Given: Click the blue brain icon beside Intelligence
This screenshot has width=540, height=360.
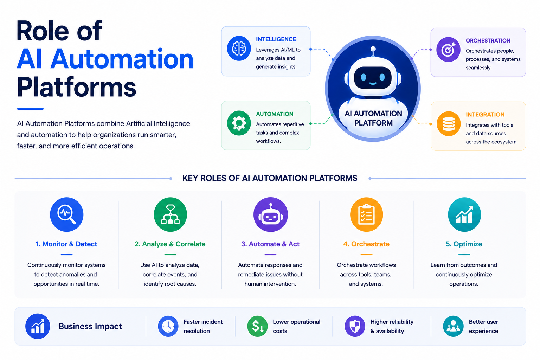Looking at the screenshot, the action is pos(239,48).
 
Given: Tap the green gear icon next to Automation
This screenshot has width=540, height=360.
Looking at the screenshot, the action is pos(239,123).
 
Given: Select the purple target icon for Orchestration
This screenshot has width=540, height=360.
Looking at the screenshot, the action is pos(448,50).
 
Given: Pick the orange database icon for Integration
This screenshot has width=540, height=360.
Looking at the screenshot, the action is pos(449,124).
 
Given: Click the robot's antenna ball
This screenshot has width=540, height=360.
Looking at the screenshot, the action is pos(373,49).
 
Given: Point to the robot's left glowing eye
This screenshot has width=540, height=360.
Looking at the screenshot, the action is pos(363,77).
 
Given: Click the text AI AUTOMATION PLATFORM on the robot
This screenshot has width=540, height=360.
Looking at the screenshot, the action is pos(373,118).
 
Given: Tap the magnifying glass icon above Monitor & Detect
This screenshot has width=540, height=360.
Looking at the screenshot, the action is pos(66,214).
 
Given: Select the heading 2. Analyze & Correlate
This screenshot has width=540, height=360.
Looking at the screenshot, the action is pos(170,244).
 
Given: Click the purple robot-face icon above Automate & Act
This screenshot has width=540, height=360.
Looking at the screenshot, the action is pos(270,214).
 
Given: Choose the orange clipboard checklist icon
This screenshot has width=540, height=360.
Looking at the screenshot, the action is pos(366,214).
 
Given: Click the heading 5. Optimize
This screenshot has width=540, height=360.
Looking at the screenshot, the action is pos(464,244).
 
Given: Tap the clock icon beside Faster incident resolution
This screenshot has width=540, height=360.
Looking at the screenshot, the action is pos(168,326).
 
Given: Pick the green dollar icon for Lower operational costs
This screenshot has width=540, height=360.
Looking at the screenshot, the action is pos(257,326).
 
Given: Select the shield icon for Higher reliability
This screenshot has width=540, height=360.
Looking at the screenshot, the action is pos(355,326).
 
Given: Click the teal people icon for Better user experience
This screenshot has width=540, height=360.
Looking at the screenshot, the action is pos(453,326).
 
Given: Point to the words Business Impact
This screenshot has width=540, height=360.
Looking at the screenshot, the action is pos(90,326).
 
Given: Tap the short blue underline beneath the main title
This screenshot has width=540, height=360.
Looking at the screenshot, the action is pos(30,109).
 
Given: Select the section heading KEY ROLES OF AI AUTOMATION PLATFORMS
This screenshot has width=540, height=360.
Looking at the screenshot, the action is pos(270,178).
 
